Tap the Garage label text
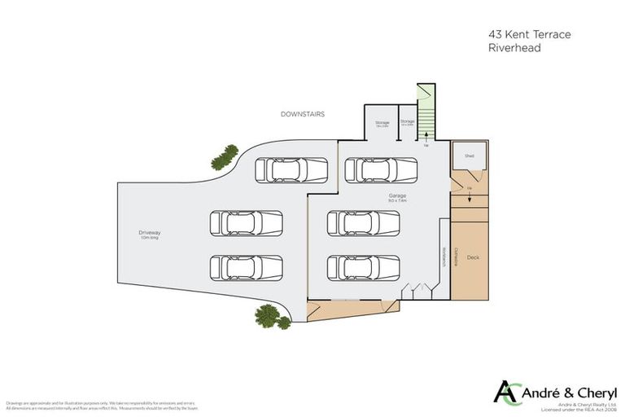[x=397, y=196]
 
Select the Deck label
[x=473, y=257]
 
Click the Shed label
[x=470, y=155]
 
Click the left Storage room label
[x=382, y=123]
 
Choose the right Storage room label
[x=408, y=123]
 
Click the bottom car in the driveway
[x=246, y=267]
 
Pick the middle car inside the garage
[x=364, y=222]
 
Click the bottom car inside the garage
[x=364, y=267]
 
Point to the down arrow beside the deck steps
[x=470, y=198]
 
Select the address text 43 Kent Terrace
[x=518, y=35]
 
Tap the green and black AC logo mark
[x=507, y=392]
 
